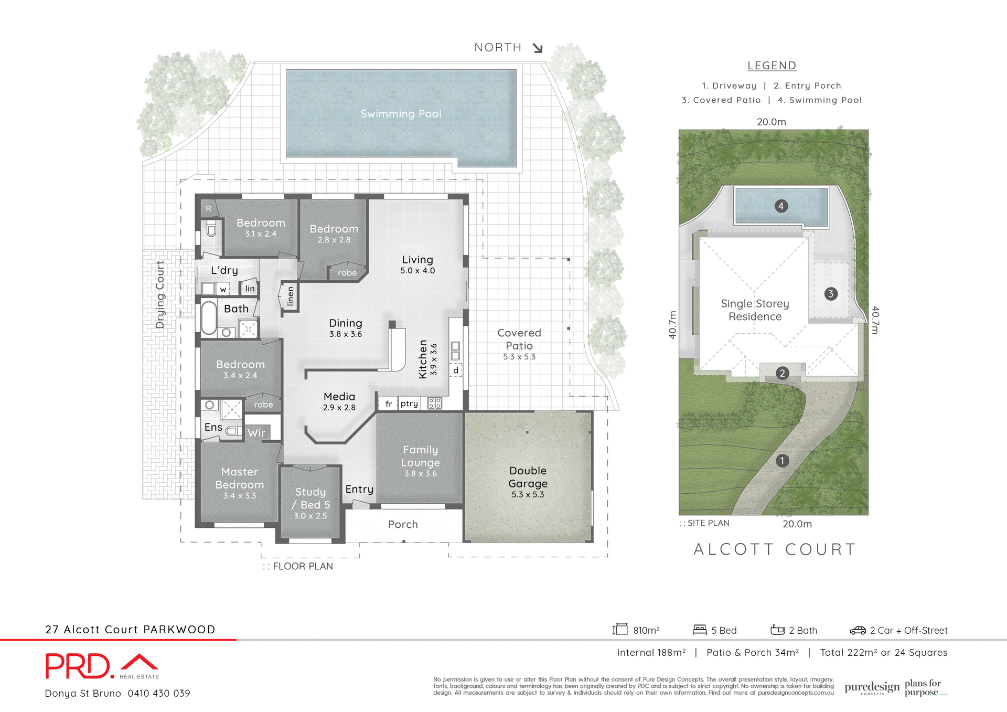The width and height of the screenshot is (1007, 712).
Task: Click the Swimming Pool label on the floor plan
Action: tap(401, 114)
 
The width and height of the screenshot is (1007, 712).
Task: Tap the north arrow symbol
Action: tap(538, 48)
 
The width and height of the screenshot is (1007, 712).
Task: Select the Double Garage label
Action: tap(528, 477)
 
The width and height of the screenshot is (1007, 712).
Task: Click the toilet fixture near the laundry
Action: tap(211, 229)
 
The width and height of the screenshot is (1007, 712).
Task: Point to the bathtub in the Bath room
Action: tap(209, 317)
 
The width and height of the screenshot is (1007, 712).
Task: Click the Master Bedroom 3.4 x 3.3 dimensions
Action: tap(240, 496)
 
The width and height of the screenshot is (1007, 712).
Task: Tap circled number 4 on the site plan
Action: tap(781, 206)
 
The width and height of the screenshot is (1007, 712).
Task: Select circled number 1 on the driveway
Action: tap(782, 461)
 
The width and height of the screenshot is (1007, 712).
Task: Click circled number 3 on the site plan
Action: tap(830, 294)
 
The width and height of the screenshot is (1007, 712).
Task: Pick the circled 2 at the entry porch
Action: tap(782, 373)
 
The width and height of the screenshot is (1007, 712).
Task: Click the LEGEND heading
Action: tap(772, 66)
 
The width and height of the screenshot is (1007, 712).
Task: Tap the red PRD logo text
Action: tap(79, 666)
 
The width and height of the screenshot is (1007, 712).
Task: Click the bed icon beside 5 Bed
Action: tap(700, 630)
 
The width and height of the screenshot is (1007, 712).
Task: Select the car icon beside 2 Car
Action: tap(858, 630)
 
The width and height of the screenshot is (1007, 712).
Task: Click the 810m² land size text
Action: tap(646, 630)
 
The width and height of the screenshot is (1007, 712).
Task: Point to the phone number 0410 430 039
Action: tap(159, 693)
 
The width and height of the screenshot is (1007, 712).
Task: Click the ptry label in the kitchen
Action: tap(409, 403)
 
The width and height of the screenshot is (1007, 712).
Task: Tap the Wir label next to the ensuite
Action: tap(256, 433)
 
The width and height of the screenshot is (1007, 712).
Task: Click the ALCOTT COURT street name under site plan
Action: tap(775, 549)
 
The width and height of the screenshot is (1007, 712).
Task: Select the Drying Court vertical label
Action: tap(160, 295)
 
